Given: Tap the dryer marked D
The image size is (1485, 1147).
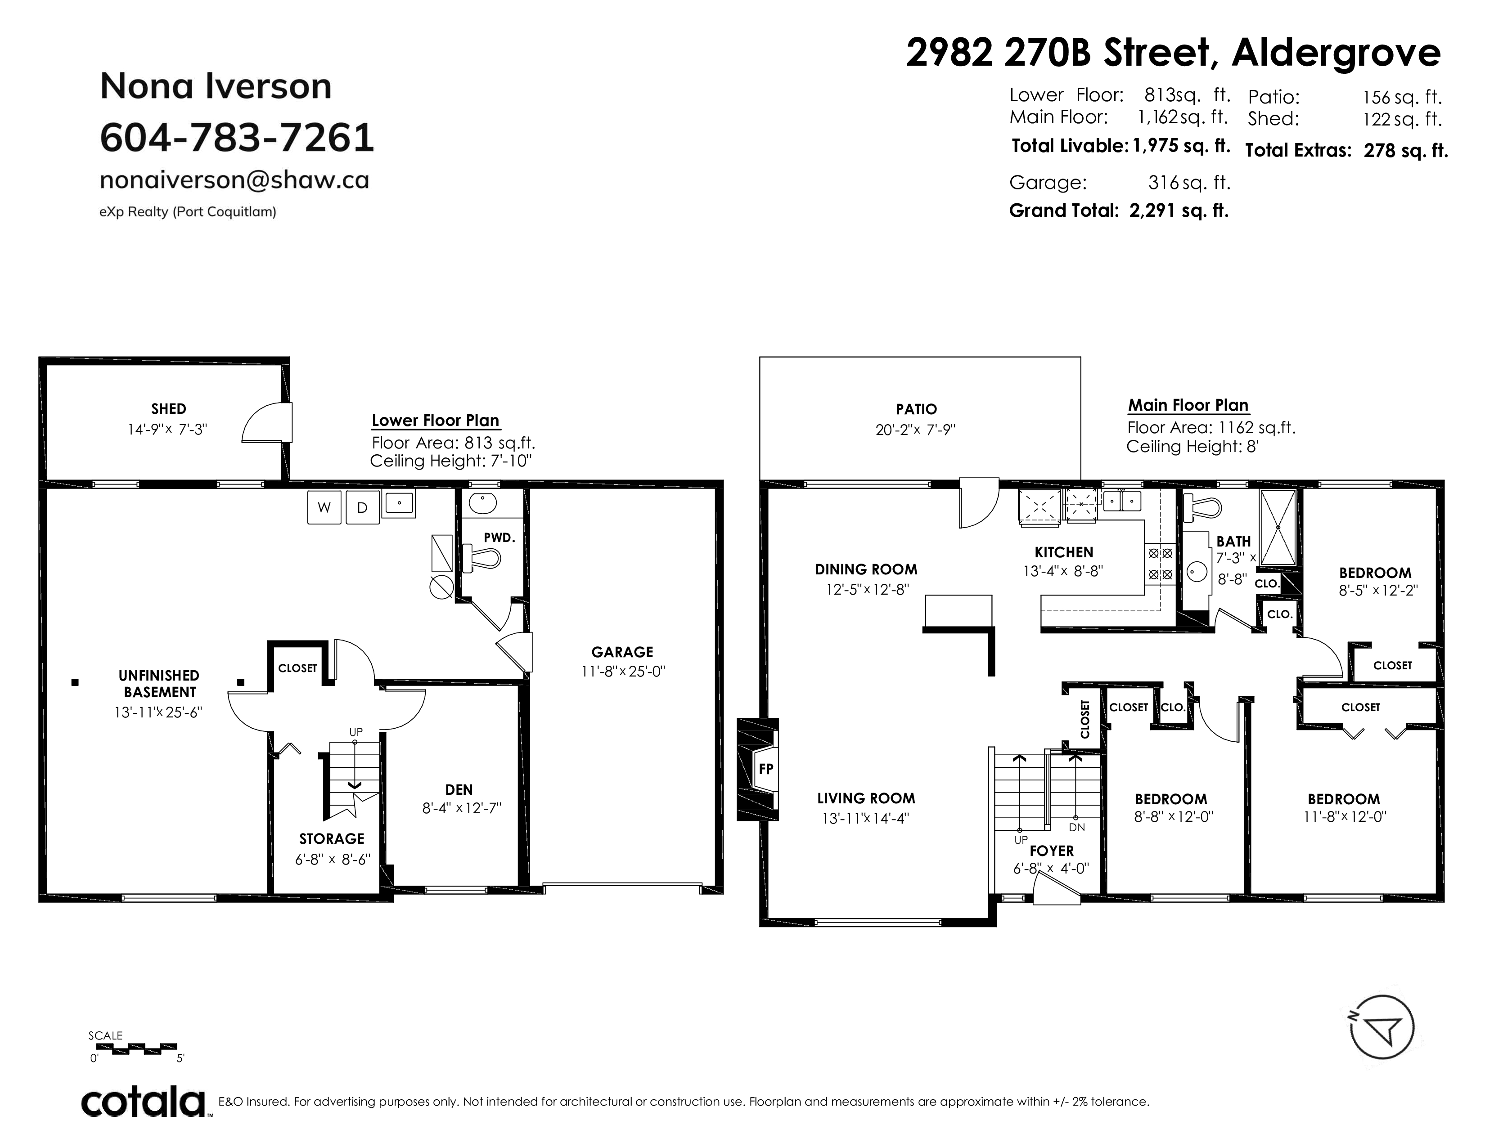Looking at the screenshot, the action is tap(362, 507).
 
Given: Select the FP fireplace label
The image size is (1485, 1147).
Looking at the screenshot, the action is tap(765, 769).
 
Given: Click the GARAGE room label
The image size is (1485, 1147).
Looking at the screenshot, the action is tap(622, 652).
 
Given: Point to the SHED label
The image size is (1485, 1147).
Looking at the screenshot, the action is tap(169, 409).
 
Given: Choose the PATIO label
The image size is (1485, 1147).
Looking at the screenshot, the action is tap(916, 409).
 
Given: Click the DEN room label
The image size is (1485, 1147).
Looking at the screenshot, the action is tap(459, 789).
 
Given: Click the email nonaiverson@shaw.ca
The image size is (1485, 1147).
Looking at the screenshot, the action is tap(234, 180).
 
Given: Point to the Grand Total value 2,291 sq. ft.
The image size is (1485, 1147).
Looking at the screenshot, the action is tap(1179, 211).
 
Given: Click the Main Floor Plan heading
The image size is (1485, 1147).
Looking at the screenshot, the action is tap(1188, 406).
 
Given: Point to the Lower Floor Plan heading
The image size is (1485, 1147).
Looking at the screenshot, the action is tap(435, 421).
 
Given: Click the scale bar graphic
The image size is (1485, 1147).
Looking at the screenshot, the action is tap(133, 1048).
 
